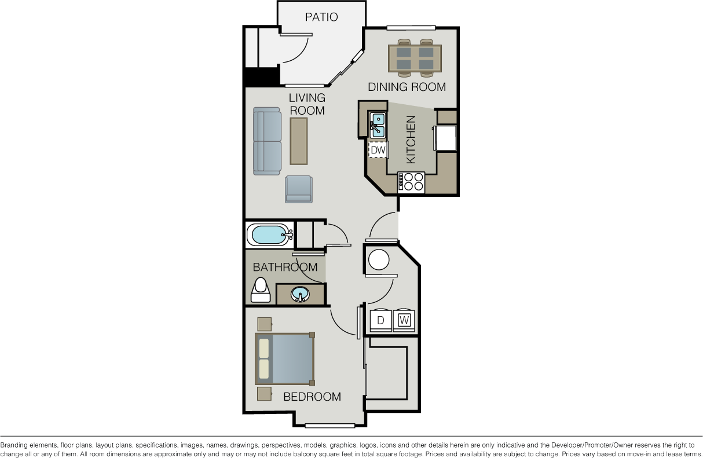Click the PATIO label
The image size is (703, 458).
[x=321, y=17]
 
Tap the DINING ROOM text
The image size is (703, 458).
[x=407, y=87]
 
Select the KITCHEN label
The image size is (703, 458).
[x=411, y=140]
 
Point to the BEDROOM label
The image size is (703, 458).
[x=312, y=397]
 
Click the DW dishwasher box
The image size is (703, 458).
[x=378, y=150]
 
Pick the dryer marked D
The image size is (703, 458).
[x=380, y=320]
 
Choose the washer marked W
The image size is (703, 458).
[x=404, y=320]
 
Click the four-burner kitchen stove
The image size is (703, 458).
[x=411, y=182]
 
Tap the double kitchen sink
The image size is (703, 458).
[x=378, y=126]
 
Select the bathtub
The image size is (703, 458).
[x=270, y=235]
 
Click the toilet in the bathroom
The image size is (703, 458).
[x=261, y=290]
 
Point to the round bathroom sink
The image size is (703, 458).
[x=300, y=294]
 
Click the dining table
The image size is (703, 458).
[x=415, y=58]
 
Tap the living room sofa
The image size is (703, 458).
[x=268, y=141]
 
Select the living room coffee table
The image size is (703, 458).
[x=298, y=141]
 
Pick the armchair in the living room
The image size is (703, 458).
[x=299, y=189]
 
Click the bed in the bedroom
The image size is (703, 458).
[x=285, y=359]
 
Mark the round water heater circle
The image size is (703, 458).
[x=379, y=260]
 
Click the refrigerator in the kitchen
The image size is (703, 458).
[x=445, y=138]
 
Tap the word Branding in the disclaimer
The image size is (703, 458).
[x=14, y=445]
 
